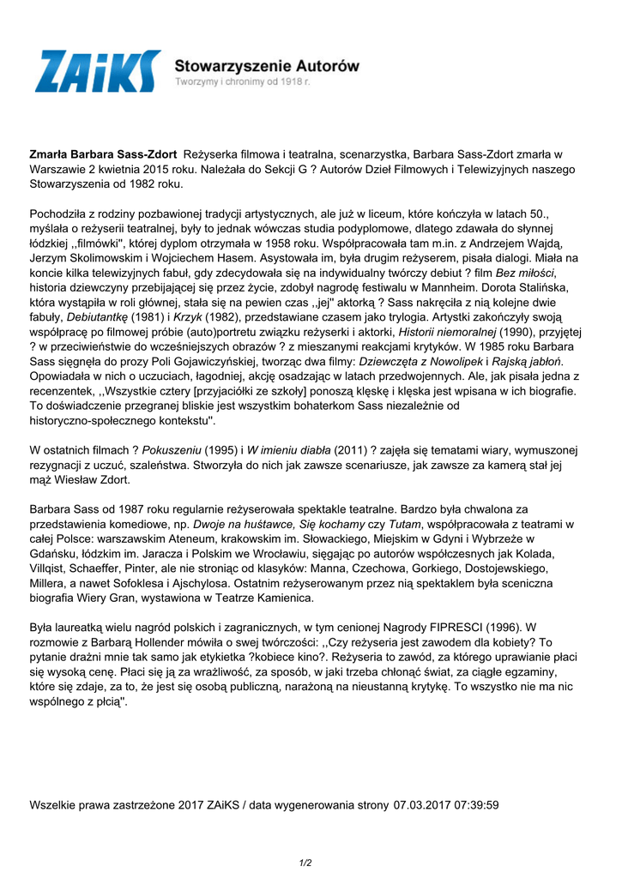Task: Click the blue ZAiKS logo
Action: coord(97,71)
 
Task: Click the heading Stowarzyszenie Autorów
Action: coord(267,65)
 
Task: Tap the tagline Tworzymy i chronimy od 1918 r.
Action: coord(242,81)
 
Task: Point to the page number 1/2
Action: coord(305,863)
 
